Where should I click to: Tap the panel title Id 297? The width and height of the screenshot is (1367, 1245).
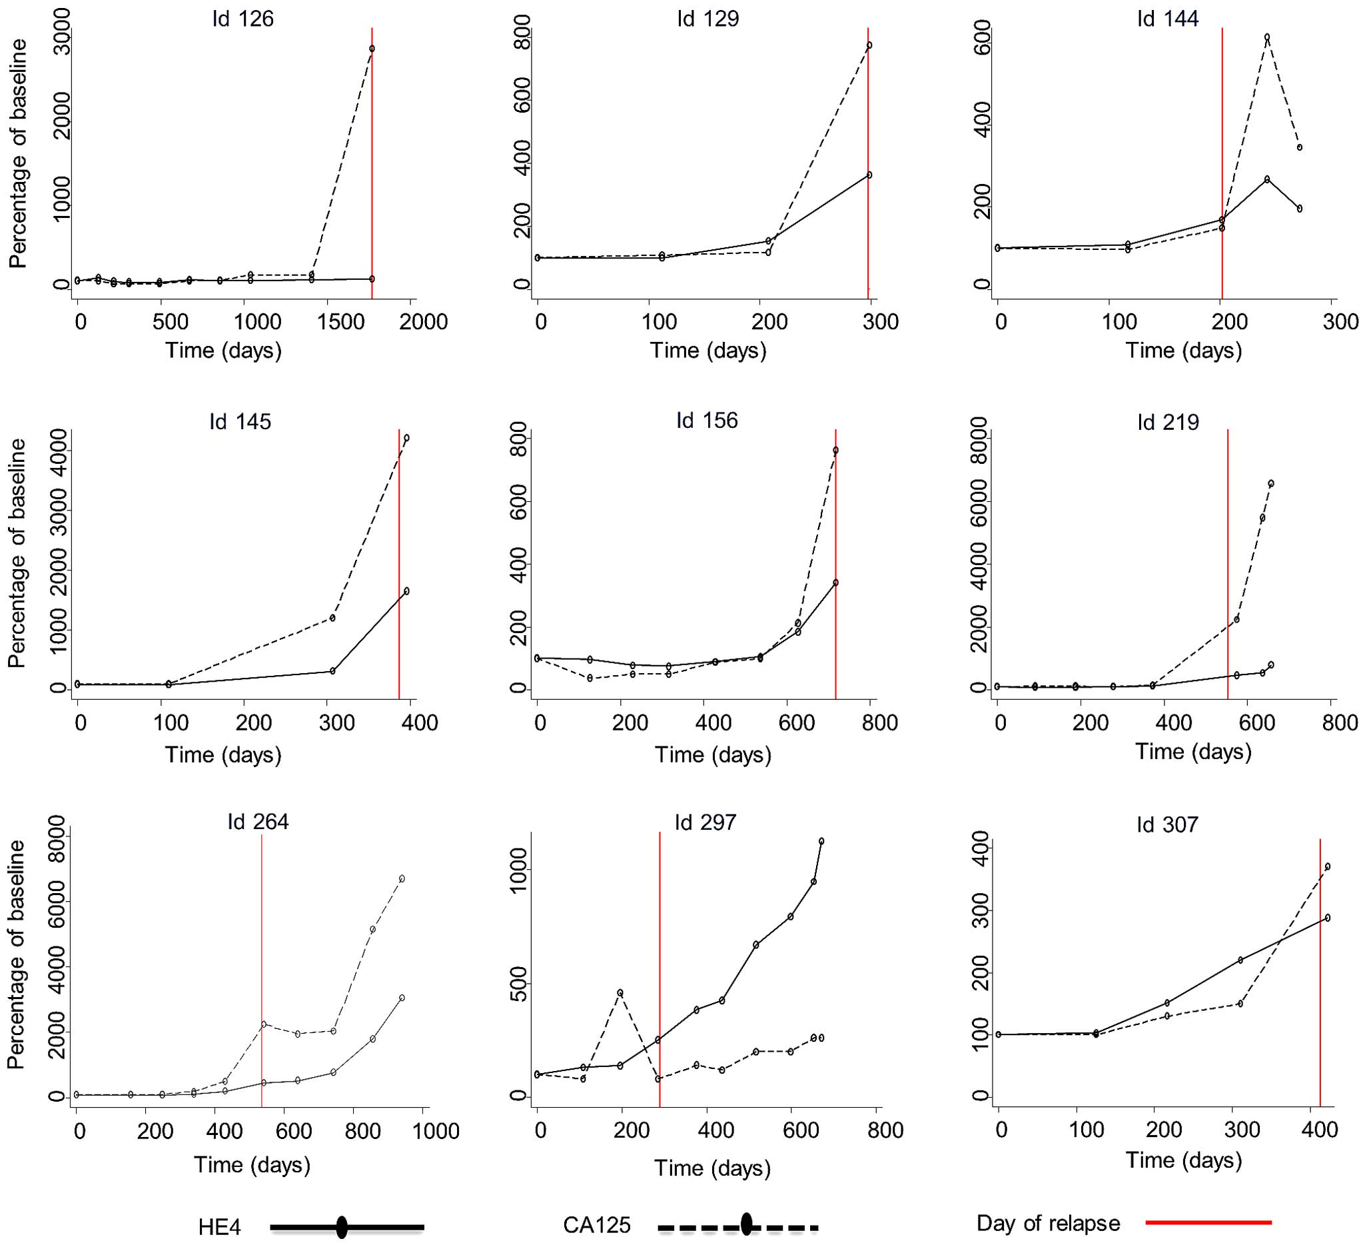click(x=705, y=822)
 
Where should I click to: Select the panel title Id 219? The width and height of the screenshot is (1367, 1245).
click(x=1168, y=422)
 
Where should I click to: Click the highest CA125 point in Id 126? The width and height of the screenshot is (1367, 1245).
click(x=372, y=49)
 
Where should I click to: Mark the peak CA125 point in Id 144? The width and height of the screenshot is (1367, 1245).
click(x=1266, y=37)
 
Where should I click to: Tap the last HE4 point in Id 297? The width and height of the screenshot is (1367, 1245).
click(x=821, y=841)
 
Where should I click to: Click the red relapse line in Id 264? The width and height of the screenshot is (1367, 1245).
click(x=262, y=950)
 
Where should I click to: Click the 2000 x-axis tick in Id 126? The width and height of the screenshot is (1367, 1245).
click(x=423, y=322)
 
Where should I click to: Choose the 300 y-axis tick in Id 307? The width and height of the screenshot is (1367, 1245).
click(x=979, y=910)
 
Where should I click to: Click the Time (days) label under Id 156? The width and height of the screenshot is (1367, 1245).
click(x=713, y=755)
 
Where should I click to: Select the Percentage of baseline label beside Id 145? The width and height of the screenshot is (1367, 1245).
click(x=17, y=553)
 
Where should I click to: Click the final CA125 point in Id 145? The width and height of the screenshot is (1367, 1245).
click(x=406, y=439)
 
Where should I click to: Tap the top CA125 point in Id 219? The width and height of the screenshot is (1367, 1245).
click(x=1270, y=484)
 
